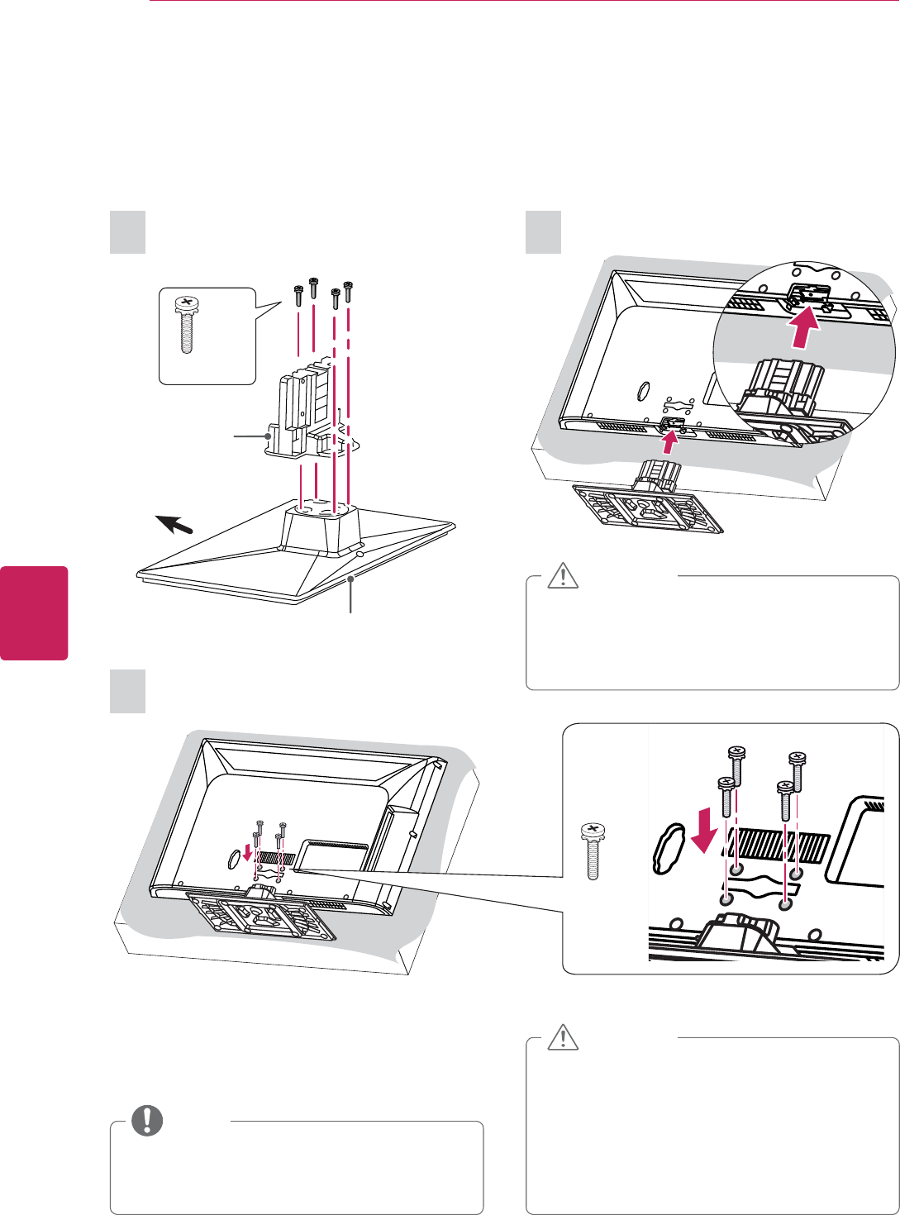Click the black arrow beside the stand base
coord(175,525)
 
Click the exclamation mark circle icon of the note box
coord(149,1120)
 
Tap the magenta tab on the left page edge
coord(34,612)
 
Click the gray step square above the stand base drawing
coord(128,232)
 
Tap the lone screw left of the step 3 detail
coord(592,850)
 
